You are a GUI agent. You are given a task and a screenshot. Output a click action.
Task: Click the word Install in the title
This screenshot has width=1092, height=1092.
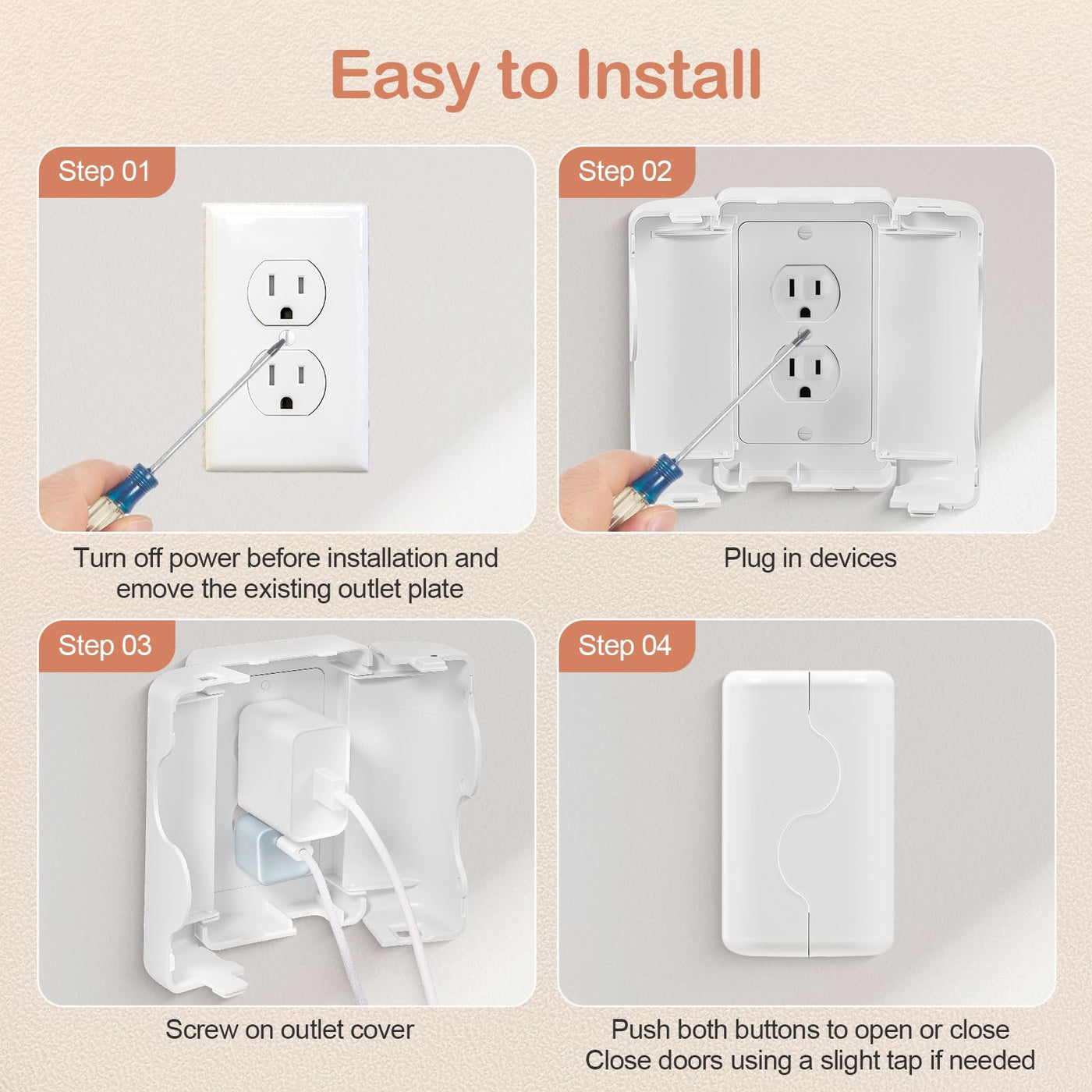(x=668, y=75)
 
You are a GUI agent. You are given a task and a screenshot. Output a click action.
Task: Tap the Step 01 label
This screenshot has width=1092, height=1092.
(x=105, y=171)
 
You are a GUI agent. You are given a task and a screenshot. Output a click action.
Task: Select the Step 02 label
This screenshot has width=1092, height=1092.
(x=625, y=171)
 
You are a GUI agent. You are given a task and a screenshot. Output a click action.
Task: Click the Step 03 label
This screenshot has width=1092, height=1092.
(x=105, y=646)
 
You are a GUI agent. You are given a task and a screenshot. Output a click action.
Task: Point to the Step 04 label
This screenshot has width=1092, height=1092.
(x=625, y=646)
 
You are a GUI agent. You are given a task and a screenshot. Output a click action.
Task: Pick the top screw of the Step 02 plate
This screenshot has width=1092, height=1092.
(x=805, y=232)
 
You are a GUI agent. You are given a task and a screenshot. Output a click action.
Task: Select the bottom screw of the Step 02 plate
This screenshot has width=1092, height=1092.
(x=805, y=434)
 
